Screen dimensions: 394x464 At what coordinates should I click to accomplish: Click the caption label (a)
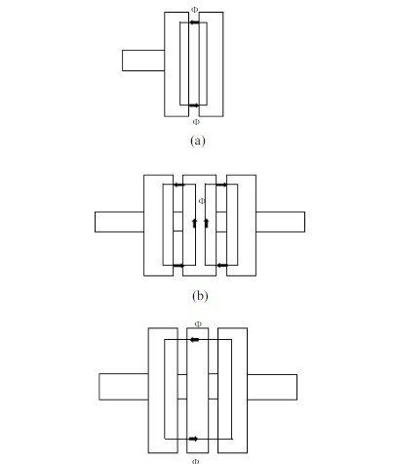198,141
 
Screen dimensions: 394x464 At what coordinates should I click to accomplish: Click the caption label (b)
200,296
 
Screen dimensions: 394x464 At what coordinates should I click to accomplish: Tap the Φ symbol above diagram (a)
194,10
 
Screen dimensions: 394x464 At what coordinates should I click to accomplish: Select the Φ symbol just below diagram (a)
196,122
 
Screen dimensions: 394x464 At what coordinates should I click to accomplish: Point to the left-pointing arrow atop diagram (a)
194,22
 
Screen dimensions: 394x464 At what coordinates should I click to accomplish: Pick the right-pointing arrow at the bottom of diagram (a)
194,105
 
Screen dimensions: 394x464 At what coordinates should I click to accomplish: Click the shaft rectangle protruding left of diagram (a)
143,61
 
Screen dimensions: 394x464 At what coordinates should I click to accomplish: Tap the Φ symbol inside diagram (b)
202,201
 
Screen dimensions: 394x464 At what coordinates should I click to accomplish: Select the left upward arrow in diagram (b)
195,223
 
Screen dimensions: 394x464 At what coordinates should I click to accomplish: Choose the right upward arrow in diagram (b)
206,223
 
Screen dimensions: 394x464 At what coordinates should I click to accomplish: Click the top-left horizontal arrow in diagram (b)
178,185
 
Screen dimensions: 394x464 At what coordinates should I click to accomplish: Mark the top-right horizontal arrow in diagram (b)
222,185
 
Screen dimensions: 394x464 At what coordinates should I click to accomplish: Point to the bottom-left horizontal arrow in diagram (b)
178,266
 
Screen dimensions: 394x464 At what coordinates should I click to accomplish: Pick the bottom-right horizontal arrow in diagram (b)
222,266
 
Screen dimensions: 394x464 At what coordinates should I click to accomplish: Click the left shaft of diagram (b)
119,222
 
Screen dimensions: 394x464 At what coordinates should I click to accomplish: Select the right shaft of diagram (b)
280,222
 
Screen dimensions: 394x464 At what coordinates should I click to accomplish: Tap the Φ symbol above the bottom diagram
198,324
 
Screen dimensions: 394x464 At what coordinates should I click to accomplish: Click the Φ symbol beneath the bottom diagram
195,461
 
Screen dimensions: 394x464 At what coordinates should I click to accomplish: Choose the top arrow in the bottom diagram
194,340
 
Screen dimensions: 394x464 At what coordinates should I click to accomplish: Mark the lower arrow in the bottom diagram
193,439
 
